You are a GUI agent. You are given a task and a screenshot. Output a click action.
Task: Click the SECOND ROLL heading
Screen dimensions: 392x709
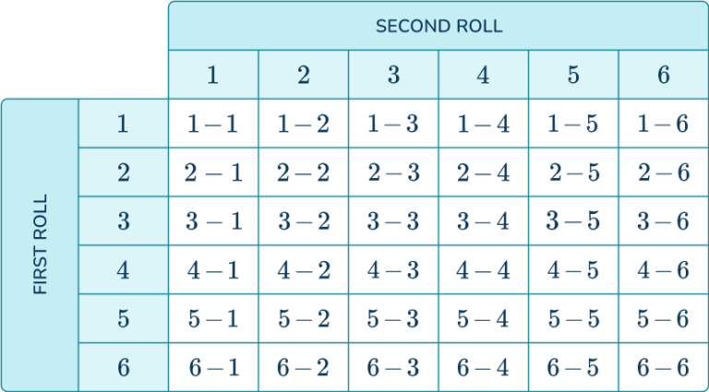pyautogui.click(x=439, y=26)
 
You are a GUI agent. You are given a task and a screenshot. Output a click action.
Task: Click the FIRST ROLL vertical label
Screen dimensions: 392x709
pyautogui.click(x=41, y=244)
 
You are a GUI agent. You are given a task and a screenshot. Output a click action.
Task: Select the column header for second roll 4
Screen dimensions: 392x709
pyautogui.click(x=483, y=75)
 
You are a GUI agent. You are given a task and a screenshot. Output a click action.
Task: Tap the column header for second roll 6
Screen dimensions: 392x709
pyautogui.click(x=663, y=75)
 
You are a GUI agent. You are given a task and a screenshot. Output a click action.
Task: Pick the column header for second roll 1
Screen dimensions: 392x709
pyautogui.click(x=212, y=75)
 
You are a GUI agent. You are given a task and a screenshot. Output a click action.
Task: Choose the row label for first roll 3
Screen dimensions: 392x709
pyautogui.click(x=124, y=221)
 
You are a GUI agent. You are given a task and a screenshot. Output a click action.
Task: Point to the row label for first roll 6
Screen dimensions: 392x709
pyautogui.click(x=124, y=367)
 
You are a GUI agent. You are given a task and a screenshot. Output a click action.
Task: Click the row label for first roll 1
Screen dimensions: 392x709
pyautogui.click(x=124, y=124)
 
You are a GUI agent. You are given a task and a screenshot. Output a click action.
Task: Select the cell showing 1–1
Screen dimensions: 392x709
pyautogui.click(x=212, y=124)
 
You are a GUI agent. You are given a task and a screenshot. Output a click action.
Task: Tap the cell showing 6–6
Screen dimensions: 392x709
pyautogui.click(x=663, y=367)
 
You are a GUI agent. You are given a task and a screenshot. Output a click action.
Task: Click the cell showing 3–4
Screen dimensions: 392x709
pyautogui.click(x=483, y=221)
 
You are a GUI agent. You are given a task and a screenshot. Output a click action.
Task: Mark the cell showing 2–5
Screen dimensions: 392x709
pyautogui.click(x=573, y=172)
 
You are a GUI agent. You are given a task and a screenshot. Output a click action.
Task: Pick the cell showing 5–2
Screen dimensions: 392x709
pyautogui.click(x=303, y=318)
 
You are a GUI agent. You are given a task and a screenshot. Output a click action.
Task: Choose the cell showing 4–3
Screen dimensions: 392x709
pyautogui.click(x=393, y=270)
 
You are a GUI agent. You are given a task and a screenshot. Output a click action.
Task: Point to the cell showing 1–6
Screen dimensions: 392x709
pyautogui.click(x=663, y=124)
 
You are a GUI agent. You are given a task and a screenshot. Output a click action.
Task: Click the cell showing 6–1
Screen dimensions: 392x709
pyautogui.click(x=212, y=367)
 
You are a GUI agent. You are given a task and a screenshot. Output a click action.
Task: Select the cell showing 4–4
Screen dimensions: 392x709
pyautogui.click(x=483, y=270)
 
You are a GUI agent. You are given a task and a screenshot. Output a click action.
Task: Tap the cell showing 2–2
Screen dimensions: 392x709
pyautogui.click(x=303, y=172)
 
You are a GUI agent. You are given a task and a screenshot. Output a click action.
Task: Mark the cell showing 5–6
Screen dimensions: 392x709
pyautogui.click(x=663, y=318)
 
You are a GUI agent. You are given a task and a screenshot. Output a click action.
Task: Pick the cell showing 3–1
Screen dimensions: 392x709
pyautogui.click(x=212, y=221)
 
